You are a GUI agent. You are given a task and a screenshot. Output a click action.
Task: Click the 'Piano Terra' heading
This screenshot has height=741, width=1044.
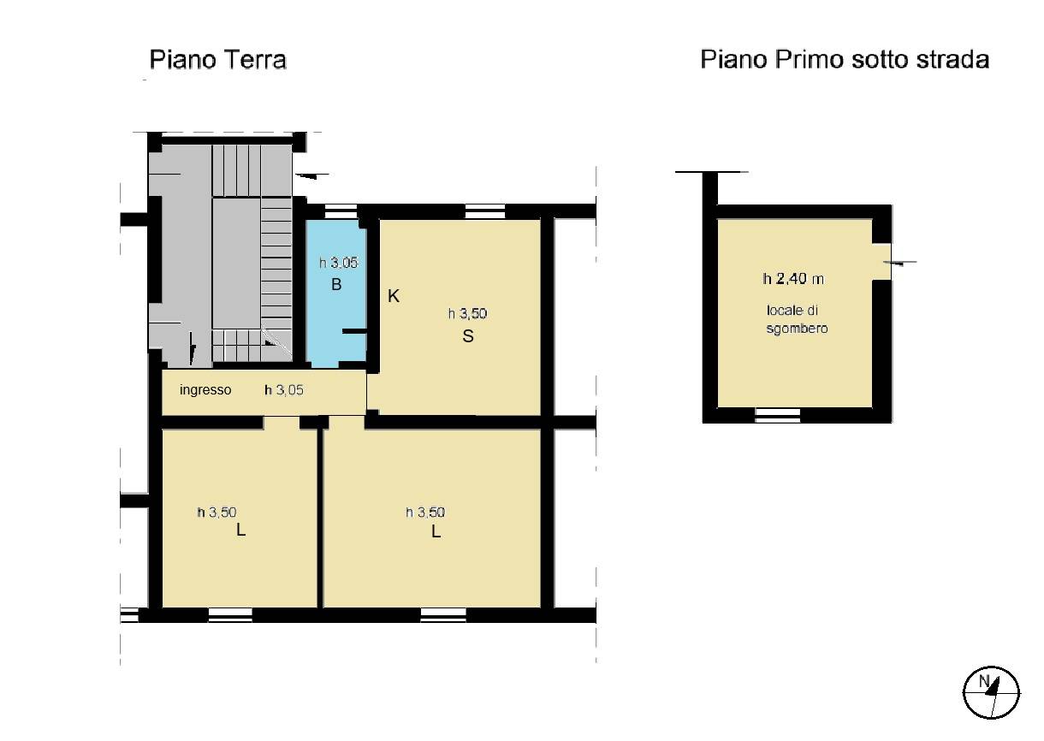(217, 60)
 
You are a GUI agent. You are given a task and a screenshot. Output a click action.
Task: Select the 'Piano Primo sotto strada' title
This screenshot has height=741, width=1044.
(845, 60)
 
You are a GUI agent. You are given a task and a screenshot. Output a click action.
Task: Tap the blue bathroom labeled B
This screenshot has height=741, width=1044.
(336, 293)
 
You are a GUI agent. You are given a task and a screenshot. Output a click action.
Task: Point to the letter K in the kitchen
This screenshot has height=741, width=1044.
(394, 296)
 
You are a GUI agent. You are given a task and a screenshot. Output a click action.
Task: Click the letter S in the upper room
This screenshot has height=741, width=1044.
(468, 336)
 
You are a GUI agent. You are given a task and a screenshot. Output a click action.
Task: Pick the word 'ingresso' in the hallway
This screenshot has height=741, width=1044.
(205, 389)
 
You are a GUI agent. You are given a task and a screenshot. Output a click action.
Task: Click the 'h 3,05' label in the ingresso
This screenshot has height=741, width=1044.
(284, 389)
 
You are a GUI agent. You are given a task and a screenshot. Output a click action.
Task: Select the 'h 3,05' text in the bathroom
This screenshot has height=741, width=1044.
(338, 263)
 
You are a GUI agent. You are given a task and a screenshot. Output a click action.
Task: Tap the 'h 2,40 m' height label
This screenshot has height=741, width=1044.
(793, 279)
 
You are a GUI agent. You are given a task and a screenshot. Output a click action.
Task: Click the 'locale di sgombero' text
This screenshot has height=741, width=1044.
(797, 319)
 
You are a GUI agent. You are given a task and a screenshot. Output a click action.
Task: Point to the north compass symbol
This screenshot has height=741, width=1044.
(991, 692)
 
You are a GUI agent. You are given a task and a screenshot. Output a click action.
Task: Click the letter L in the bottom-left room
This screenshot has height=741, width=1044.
(240, 530)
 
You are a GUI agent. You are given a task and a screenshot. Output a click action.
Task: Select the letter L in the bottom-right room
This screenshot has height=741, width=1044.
(436, 531)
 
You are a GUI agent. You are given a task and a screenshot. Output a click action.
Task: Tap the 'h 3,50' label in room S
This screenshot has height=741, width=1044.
(467, 314)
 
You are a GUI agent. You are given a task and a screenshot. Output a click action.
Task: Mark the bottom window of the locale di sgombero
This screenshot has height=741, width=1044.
(777, 415)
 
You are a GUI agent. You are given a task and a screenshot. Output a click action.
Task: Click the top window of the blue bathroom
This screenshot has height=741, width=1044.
(341, 211)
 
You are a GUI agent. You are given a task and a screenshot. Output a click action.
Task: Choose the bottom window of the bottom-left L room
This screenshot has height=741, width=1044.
(230, 615)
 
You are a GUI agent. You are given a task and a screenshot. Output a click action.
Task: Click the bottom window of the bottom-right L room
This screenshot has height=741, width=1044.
(443, 615)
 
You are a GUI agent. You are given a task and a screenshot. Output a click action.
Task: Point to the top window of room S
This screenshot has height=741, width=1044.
(485, 211)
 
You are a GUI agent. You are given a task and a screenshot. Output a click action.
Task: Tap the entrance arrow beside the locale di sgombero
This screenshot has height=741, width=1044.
(900, 263)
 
